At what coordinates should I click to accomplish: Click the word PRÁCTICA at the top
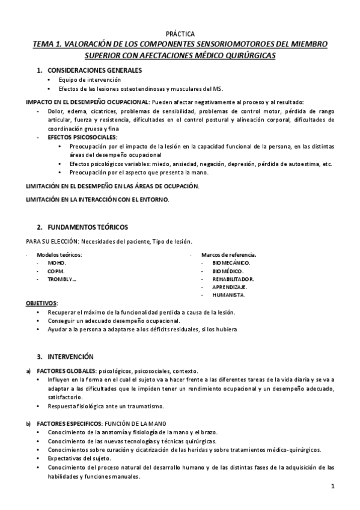[x=180, y=34]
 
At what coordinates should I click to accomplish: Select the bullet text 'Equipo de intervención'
[x=90, y=80]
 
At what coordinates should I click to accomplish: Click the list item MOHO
[x=57, y=263]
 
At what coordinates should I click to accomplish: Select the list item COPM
[x=56, y=271]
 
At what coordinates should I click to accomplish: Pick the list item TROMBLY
[x=62, y=279]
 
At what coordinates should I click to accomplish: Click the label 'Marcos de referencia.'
[x=229, y=254]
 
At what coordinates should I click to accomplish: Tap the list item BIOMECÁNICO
[x=231, y=263]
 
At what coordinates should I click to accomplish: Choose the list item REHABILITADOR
[x=233, y=279]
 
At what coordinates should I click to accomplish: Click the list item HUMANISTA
[x=229, y=295]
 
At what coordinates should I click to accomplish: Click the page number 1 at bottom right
[x=332, y=485]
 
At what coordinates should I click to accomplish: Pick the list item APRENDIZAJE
[x=230, y=287]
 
